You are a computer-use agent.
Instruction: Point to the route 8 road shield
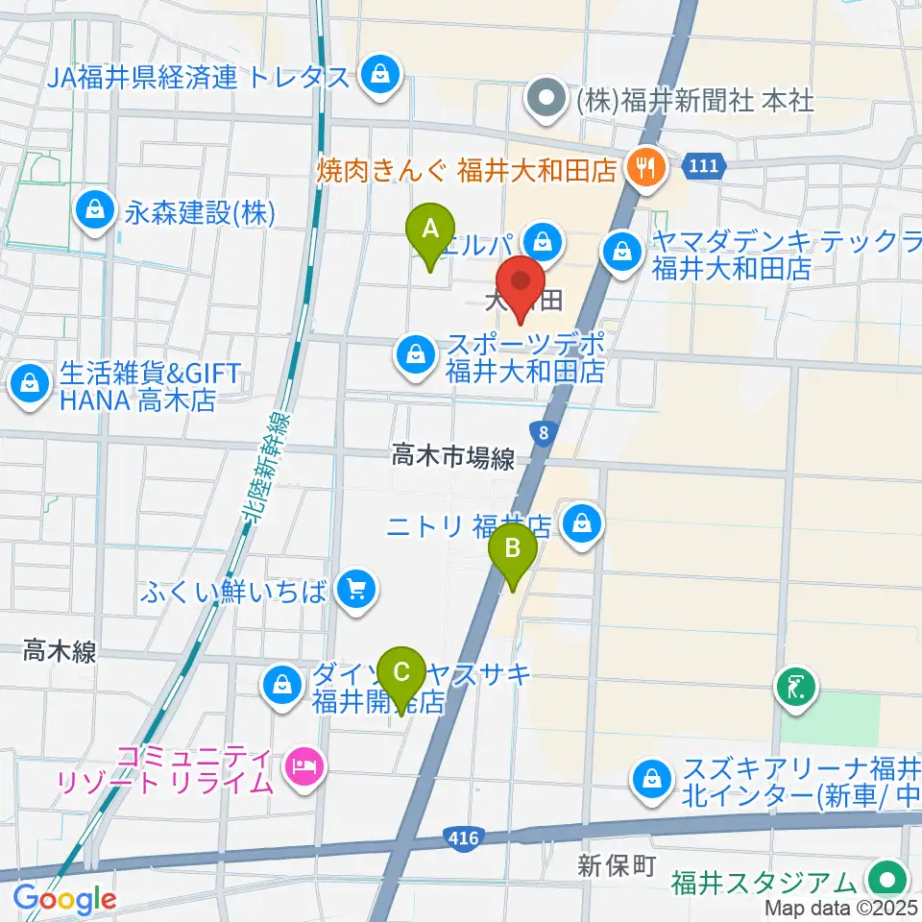pos(545,434)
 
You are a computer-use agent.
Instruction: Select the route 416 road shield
pos(463,838)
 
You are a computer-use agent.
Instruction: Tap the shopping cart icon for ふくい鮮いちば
pos(356,590)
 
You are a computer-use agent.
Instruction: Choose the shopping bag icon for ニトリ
pos(580,524)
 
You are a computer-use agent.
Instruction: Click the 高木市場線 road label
pos(453,460)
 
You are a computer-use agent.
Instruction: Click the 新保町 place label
pos(616,865)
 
